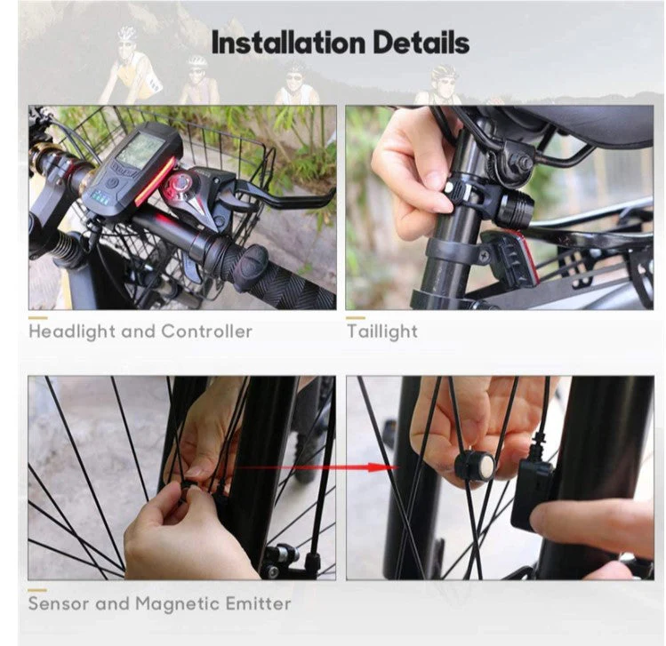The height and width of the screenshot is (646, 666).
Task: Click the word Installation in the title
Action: coord(288,43)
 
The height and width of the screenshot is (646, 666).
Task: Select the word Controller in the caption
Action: coord(207,331)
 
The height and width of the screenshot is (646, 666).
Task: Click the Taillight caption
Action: coord(382,332)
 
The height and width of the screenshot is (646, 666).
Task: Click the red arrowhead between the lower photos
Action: coord(376,467)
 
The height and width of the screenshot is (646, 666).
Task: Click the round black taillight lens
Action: coord(514,208)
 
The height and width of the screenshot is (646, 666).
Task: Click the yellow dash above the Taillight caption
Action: coord(356,317)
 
